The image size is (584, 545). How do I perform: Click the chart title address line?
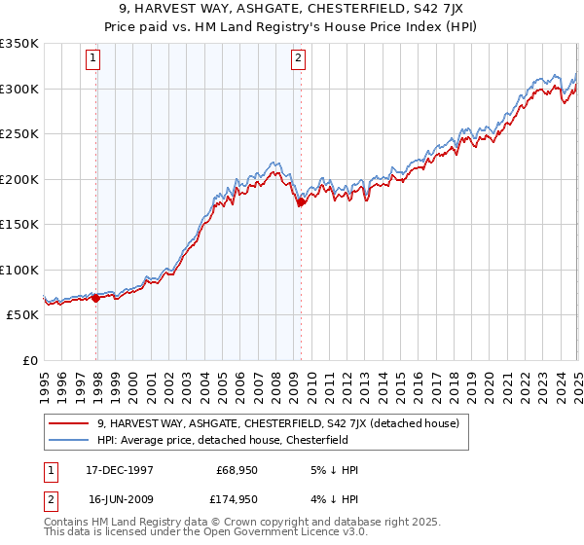(x=292, y=9)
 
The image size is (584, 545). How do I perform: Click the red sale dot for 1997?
(x=96, y=298)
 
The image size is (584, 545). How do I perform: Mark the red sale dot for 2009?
(x=301, y=202)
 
